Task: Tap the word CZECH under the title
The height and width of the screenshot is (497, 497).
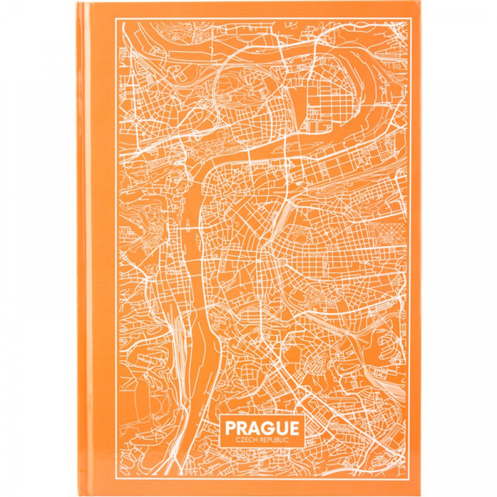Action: coord(246,440)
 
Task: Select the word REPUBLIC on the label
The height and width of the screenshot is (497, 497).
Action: coord(274,440)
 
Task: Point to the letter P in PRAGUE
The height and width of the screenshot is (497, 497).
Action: coord(230,428)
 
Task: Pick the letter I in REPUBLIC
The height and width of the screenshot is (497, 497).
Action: coord(284,440)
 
